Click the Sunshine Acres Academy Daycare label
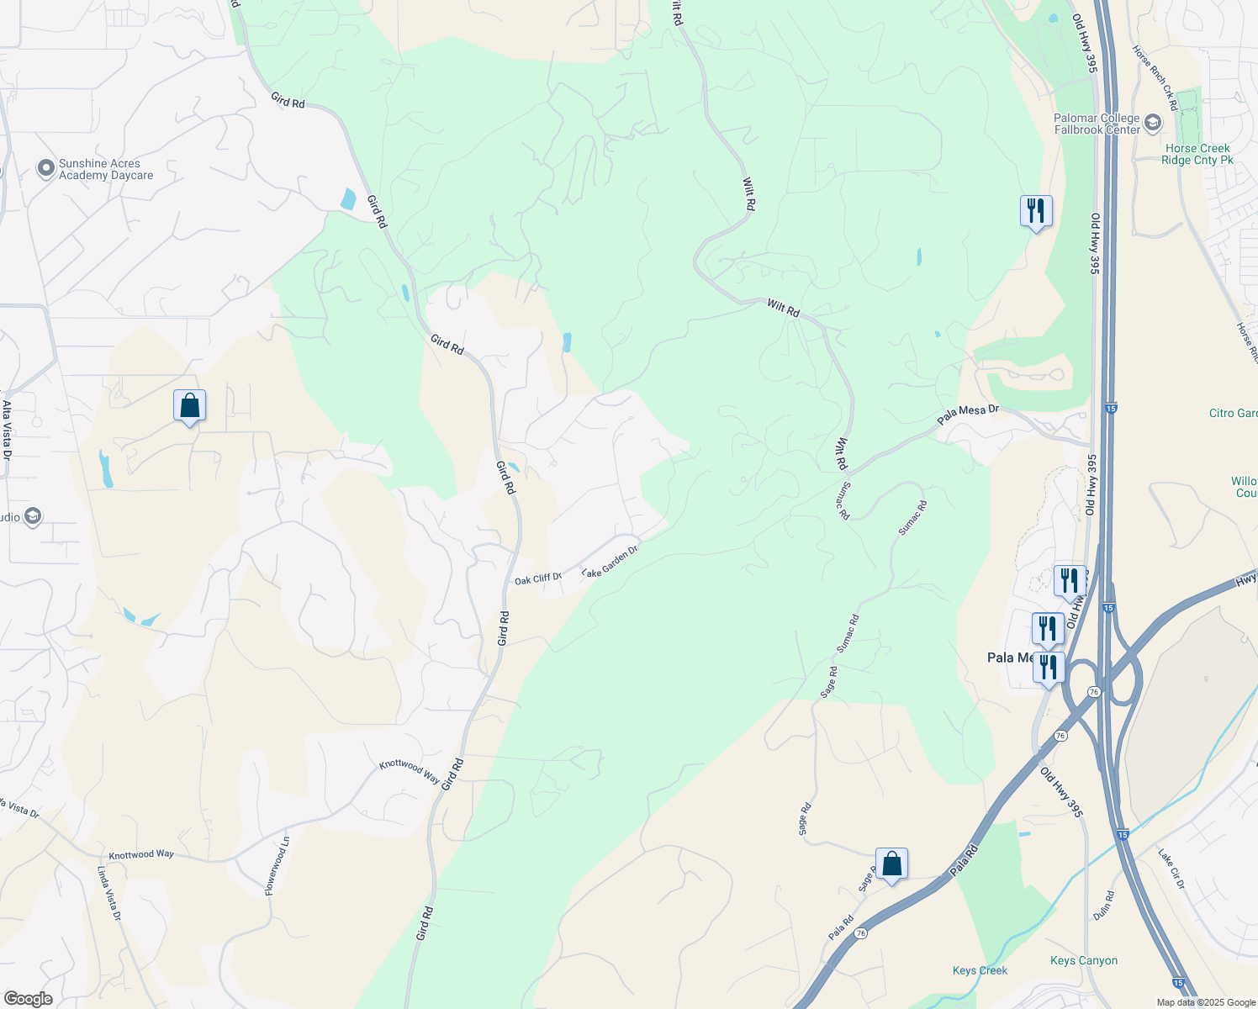pos(106,170)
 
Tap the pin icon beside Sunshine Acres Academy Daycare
pos(46,170)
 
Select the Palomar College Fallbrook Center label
pos(1097,124)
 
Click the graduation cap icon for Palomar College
pos(1152,124)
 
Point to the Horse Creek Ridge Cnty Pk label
pos(1197,154)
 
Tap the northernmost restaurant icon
pos(1036,210)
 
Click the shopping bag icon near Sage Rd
pos(891,864)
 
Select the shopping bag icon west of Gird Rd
pos(189,406)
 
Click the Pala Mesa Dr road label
pos(968,414)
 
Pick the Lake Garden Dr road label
pos(610,561)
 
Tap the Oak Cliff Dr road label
pos(538,579)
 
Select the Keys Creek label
pos(980,970)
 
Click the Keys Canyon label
pos(1084,960)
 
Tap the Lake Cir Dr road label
pos(1171,869)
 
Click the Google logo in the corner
pos(28,999)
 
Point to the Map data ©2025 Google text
pos(1206,1002)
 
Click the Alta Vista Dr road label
pos(7,430)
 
